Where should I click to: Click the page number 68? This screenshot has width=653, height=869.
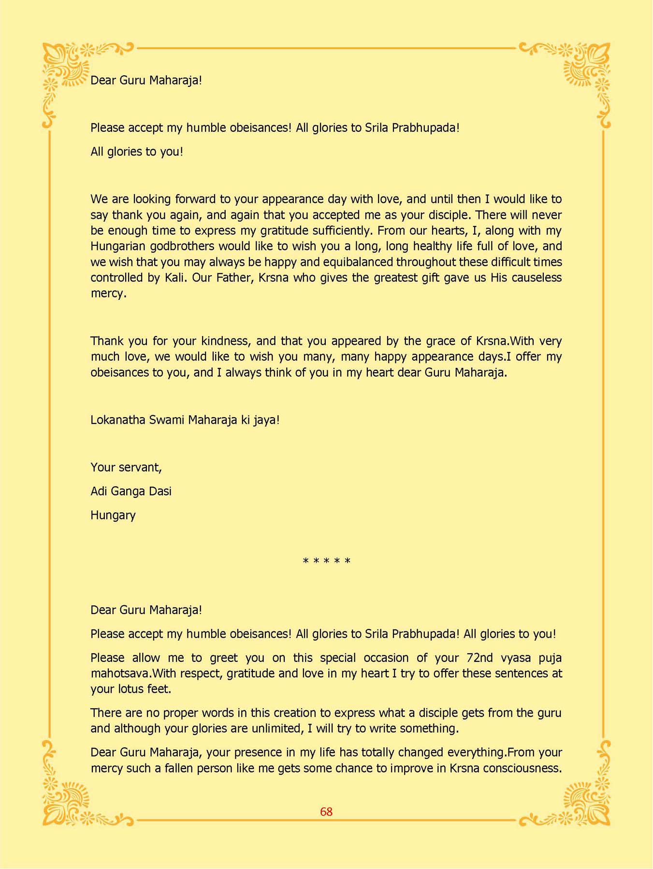click(x=326, y=812)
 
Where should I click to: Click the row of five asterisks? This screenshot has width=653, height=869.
click(x=326, y=561)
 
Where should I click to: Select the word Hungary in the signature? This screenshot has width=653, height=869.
click(x=113, y=515)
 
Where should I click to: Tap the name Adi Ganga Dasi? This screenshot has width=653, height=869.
click(x=131, y=491)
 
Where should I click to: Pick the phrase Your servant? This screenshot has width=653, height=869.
click(x=126, y=467)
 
